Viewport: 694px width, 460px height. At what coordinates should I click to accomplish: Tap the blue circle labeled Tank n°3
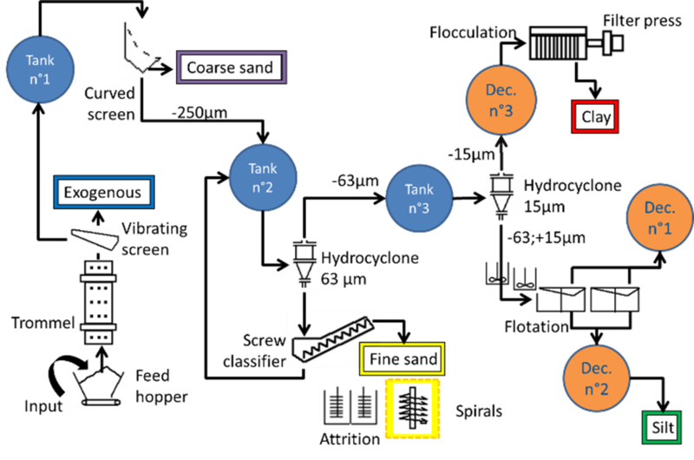point(420,200)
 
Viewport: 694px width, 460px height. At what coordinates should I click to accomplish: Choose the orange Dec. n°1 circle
point(660,217)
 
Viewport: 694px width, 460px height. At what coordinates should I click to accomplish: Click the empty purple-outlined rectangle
point(232,67)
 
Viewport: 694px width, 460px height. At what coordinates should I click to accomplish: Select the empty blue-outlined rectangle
point(104,192)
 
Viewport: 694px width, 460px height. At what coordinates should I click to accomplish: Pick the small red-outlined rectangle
point(595,116)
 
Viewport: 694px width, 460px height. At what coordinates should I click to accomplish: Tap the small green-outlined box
point(661,427)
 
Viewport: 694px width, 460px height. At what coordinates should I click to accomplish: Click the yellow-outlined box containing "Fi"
point(402,358)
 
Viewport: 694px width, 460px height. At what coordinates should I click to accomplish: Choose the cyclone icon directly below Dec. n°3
point(500,198)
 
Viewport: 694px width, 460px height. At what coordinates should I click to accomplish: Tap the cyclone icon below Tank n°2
point(304,263)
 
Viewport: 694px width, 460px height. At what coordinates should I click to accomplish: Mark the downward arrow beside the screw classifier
point(303,324)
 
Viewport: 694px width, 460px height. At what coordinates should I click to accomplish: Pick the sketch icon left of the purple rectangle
point(141,50)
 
